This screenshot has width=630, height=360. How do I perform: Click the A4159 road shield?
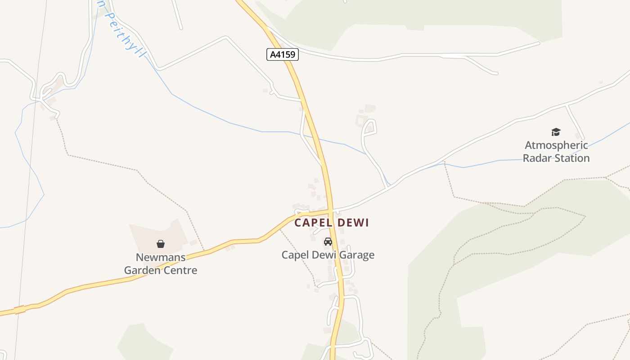pyautogui.click(x=283, y=55)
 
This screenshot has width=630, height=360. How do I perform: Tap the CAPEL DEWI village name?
pyautogui.click(x=332, y=223)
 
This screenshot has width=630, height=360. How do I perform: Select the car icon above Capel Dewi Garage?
pyautogui.click(x=328, y=242)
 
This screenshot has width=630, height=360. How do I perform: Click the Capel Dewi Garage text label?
pyautogui.click(x=328, y=255)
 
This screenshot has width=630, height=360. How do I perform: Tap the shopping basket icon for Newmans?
pyautogui.click(x=161, y=244)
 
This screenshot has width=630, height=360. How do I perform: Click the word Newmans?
pyautogui.click(x=161, y=257)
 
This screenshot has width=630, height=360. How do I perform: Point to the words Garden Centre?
pyautogui.click(x=161, y=270)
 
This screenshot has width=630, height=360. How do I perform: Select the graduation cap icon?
pyautogui.click(x=556, y=132)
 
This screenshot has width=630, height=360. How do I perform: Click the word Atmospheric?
pyautogui.click(x=556, y=145)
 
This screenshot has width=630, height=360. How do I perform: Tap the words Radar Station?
pyautogui.click(x=556, y=158)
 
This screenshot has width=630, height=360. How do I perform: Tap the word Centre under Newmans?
pyautogui.click(x=180, y=270)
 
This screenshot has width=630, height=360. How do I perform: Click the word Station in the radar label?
pyautogui.click(x=572, y=158)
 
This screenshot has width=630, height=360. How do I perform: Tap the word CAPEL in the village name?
pyautogui.click(x=313, y=223)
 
